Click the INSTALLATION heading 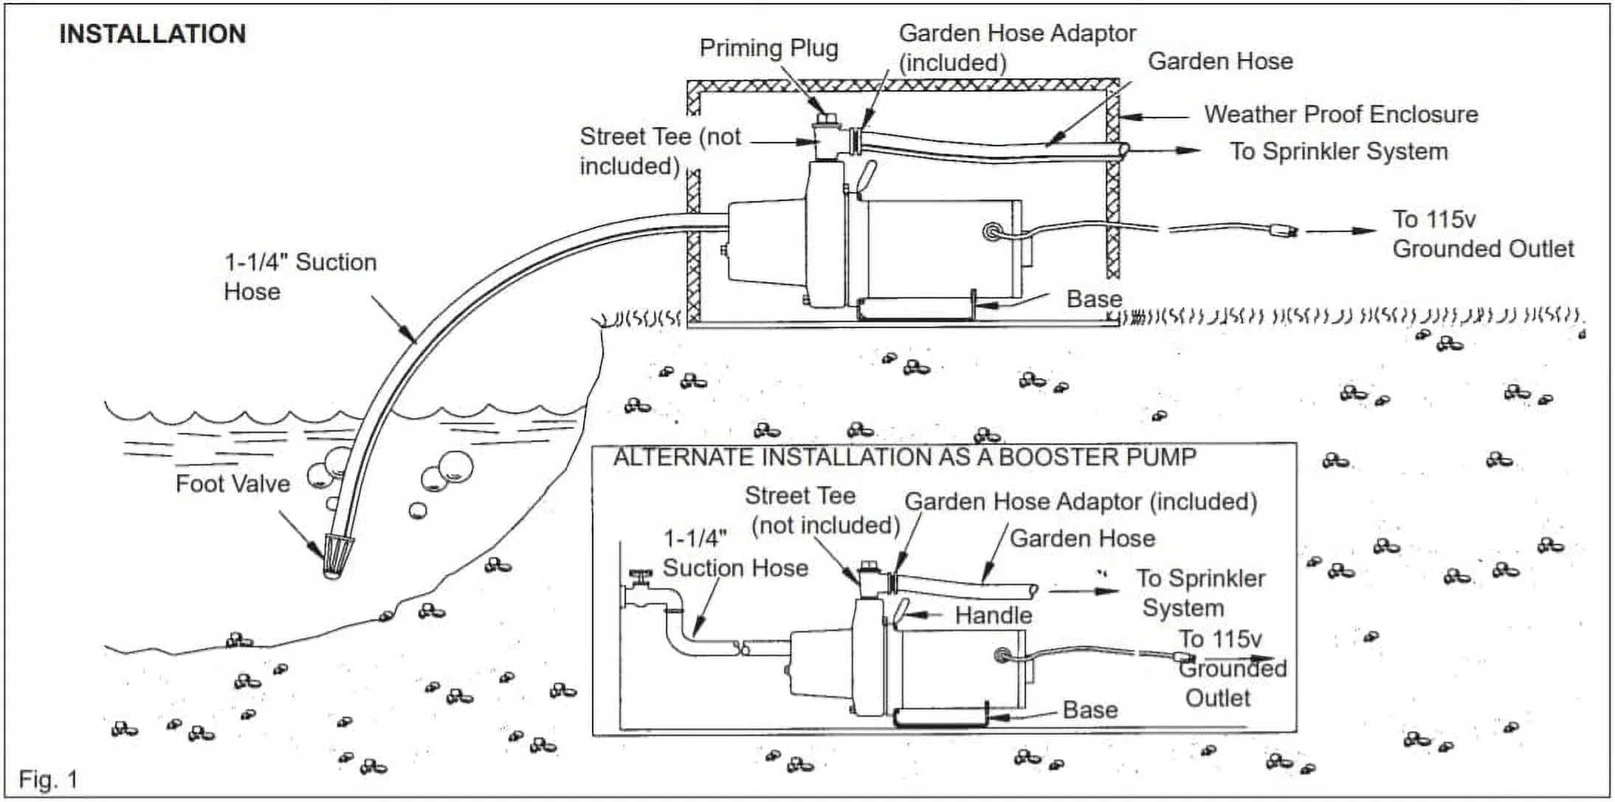coord(152,34)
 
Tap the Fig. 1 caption coord(48,779)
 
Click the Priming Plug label coord(768,49)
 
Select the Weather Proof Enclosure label coord(1340,114)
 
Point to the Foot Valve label coord(233,484)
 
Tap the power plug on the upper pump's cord coord(1282,231)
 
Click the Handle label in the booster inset coord(993,615)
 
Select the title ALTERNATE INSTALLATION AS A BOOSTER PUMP coord(904,457)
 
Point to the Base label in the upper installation coord(1094,299)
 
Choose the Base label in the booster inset coord(1089,710)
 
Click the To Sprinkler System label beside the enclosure coord(1338,151)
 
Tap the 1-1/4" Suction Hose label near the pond coord(300,277)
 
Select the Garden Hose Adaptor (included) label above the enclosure coord(1016,47)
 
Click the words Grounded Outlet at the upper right coord(1483,249)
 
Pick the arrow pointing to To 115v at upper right coord(1342,230)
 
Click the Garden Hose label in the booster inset coord(1082,538)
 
